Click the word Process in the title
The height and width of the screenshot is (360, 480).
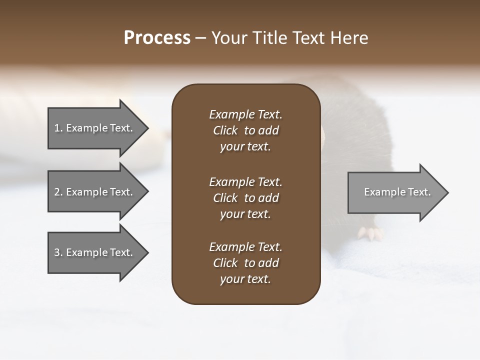157,38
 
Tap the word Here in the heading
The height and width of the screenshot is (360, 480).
348,38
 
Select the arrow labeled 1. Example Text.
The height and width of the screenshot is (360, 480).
95,128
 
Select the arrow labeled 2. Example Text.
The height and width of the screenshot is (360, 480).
95,192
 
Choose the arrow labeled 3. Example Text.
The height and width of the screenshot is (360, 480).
95,252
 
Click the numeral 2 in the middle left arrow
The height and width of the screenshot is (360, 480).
57,192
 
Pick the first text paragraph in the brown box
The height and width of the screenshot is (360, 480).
245,130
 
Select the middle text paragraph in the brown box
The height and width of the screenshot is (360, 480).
245,198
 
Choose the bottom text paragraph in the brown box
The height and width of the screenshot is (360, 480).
245,263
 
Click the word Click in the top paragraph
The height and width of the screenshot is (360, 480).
225,130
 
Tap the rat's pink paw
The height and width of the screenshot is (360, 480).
370,232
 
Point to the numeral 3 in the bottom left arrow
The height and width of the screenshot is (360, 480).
57,252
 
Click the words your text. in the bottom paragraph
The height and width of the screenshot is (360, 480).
245,279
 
